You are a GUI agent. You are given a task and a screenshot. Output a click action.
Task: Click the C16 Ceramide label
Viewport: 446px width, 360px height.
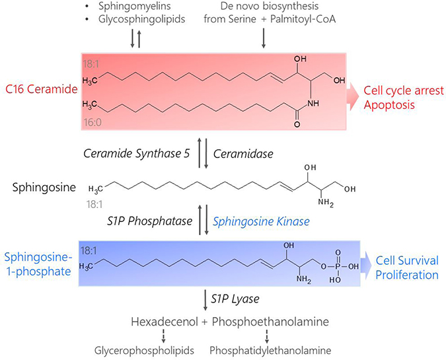click(x=42, y=89)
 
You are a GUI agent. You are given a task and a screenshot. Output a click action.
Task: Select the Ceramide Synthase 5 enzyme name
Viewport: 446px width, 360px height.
click(x=137, y=154)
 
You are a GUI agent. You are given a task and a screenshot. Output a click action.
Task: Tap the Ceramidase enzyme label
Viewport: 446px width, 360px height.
click(x=243, y=154)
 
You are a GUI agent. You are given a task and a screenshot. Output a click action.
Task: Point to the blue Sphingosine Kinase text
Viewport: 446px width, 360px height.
click(x=261, y=221)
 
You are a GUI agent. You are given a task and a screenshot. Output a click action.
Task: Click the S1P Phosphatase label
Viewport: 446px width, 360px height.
click(x=149, y=221)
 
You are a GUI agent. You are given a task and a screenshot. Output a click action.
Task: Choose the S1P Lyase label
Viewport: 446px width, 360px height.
click(x=235, y=299)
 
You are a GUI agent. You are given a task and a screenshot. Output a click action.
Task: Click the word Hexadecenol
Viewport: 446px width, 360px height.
click(x=165, y=322)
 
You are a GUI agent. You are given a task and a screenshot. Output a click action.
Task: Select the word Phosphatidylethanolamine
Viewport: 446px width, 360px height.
click(x=270, y=351)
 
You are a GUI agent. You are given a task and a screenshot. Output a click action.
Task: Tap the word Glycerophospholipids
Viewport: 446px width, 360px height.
click(x=144, y=351)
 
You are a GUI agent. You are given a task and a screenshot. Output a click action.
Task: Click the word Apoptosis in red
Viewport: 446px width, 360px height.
click(x=389, y=105)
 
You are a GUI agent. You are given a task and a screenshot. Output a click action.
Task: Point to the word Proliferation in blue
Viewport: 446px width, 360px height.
click(x=407, y=275)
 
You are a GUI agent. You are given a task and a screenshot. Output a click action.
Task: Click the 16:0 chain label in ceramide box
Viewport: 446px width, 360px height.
click(x=93, y=123)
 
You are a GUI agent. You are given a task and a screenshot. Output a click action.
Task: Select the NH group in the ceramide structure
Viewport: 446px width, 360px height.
click(x=313, y=104)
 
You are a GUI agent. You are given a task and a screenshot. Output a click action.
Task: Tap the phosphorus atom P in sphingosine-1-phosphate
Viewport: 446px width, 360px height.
click(x=338, y=266)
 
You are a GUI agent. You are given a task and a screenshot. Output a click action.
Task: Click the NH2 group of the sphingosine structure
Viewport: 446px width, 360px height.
click(x=326, y=202)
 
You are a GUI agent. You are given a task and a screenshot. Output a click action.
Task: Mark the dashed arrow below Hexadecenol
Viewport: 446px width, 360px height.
click(x=164, y=336)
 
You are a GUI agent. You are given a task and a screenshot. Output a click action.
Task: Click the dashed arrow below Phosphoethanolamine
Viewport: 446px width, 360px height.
click(x=267, y=336)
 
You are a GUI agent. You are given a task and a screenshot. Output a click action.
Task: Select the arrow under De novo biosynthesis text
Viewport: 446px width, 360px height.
click(x=264, y=37)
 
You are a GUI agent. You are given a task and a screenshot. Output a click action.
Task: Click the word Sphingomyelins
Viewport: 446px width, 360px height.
click(x=135, y=6)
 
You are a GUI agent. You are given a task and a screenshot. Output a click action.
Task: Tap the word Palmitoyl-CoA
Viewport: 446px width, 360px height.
click(x=303, y=19)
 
